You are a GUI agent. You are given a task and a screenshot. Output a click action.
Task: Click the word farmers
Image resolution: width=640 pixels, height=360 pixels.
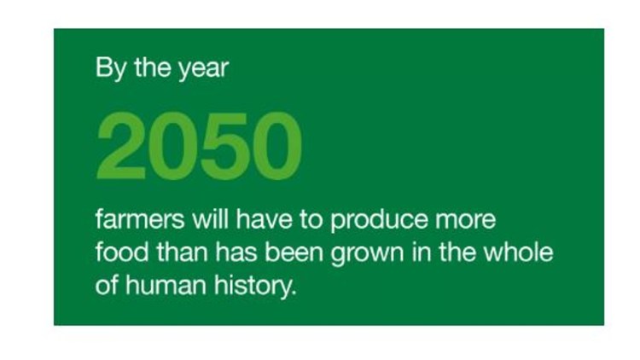(x=140, y=219)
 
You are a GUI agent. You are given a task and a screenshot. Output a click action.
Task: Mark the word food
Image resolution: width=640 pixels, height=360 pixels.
(x=122, y=252)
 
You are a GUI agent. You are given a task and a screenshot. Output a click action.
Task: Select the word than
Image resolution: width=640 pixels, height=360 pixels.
(x=183, y=252)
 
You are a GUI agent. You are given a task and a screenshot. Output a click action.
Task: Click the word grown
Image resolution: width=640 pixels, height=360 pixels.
(x=367, y=254)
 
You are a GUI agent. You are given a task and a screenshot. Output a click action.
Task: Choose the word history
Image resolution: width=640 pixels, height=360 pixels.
(x=255, y=286)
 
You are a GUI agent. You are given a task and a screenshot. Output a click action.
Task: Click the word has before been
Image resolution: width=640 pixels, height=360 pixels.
(x=236, y=252)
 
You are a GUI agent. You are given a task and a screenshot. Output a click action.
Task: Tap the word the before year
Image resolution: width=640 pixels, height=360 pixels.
(x=153, y=67)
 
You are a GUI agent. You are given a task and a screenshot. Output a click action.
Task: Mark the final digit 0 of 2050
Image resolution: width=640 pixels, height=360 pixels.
(x=277, y=146)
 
